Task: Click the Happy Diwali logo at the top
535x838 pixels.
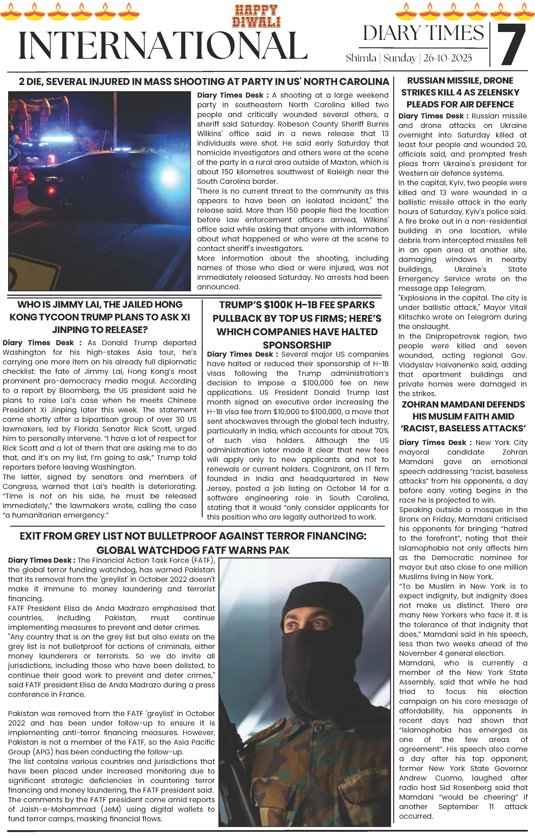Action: [x=257, y=16]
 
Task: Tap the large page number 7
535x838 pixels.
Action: [x=511, y=45]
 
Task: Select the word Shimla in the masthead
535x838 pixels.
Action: [x=361, y=58]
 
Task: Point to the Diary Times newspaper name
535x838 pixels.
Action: [x=423, y=33]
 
